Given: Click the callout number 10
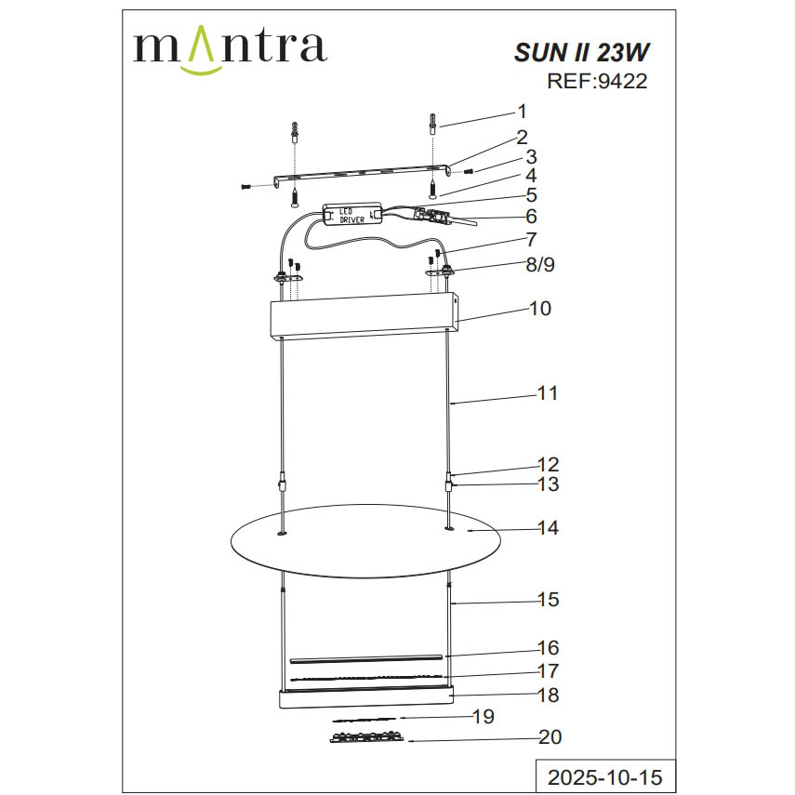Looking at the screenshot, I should [539, 308].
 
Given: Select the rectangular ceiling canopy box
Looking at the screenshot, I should [364, 318].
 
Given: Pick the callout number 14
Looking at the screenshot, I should [548, 528].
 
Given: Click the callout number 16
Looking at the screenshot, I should [548, 647].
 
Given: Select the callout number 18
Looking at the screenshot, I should [548, 695].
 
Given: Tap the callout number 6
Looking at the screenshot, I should [531, 216].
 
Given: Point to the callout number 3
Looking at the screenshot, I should [531, 156].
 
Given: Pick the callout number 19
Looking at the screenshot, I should [482, 717].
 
